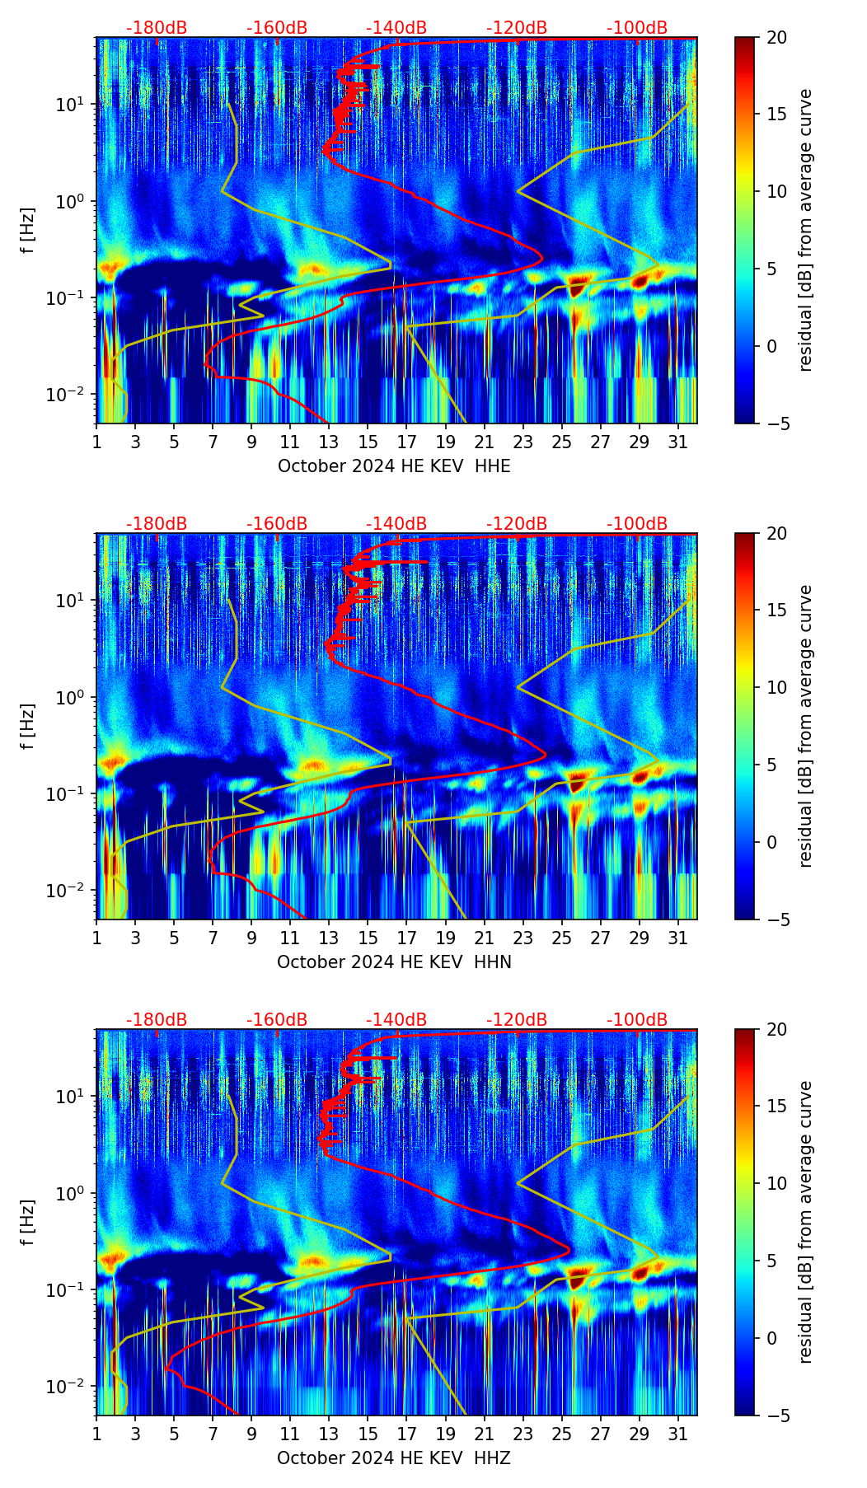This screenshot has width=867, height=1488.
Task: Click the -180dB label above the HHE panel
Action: coord(157,28)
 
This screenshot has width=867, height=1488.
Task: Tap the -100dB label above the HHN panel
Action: coord(637,524)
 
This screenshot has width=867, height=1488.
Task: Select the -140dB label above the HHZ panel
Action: coord(396,1020)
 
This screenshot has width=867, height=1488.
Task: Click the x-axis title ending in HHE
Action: coord(394,466)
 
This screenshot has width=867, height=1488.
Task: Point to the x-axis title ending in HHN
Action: coord(394,962)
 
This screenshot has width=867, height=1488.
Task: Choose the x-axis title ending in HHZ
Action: coord(394,1458)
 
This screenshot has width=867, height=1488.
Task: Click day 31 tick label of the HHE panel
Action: coord(678,442)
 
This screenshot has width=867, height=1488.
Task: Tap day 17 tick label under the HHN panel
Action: coord(406,938)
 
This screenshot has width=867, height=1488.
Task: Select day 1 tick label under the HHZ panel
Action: coord(97,1434)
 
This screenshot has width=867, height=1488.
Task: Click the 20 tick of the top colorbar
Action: coord(776,37)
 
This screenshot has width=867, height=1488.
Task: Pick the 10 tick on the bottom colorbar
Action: coord(776,1183)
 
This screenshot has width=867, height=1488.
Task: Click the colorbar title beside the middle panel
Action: coord(806,726)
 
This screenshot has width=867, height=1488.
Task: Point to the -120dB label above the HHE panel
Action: coord(517,28)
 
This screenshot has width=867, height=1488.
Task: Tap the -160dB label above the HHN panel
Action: coord(277,524)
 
